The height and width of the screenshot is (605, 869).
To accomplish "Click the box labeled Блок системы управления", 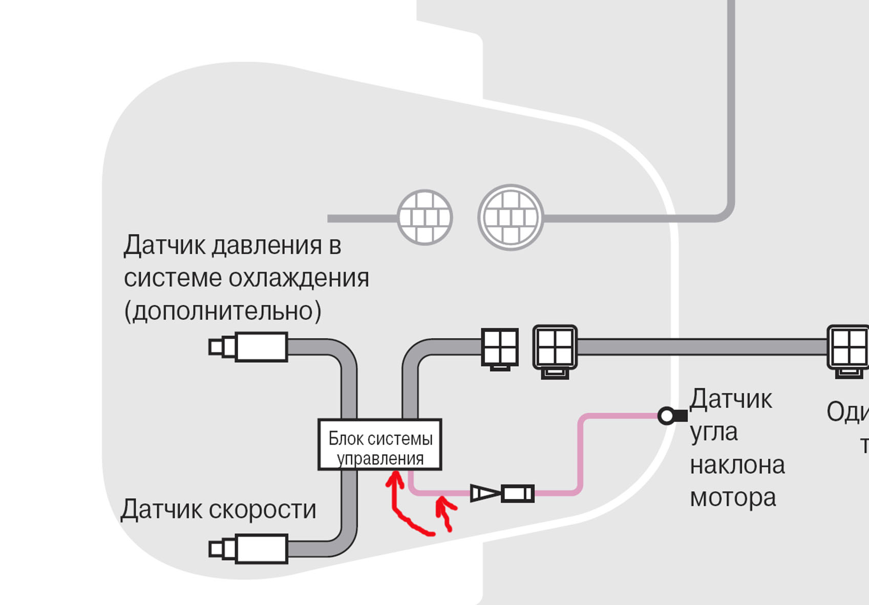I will [379, 444].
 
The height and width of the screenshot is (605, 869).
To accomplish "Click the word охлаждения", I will [299, 278].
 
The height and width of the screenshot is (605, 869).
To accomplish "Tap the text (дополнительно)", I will [223, 311].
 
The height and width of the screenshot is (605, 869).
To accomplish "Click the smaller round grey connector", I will [425, 217].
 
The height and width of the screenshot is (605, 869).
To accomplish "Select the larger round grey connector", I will [511, 217].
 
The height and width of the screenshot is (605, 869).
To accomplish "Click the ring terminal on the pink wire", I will [667, 415].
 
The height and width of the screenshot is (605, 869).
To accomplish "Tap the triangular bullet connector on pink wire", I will [484, 493].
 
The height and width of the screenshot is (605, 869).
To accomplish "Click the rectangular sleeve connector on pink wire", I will [518, 493].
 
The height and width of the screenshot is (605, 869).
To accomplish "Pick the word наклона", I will [737, 465].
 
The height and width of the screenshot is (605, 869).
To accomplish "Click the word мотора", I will [733, 497].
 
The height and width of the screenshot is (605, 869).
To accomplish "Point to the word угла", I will [713, 432].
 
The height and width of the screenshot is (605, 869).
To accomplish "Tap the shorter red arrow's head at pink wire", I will [442, 501].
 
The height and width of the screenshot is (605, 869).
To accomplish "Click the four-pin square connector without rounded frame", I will [500, 347].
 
